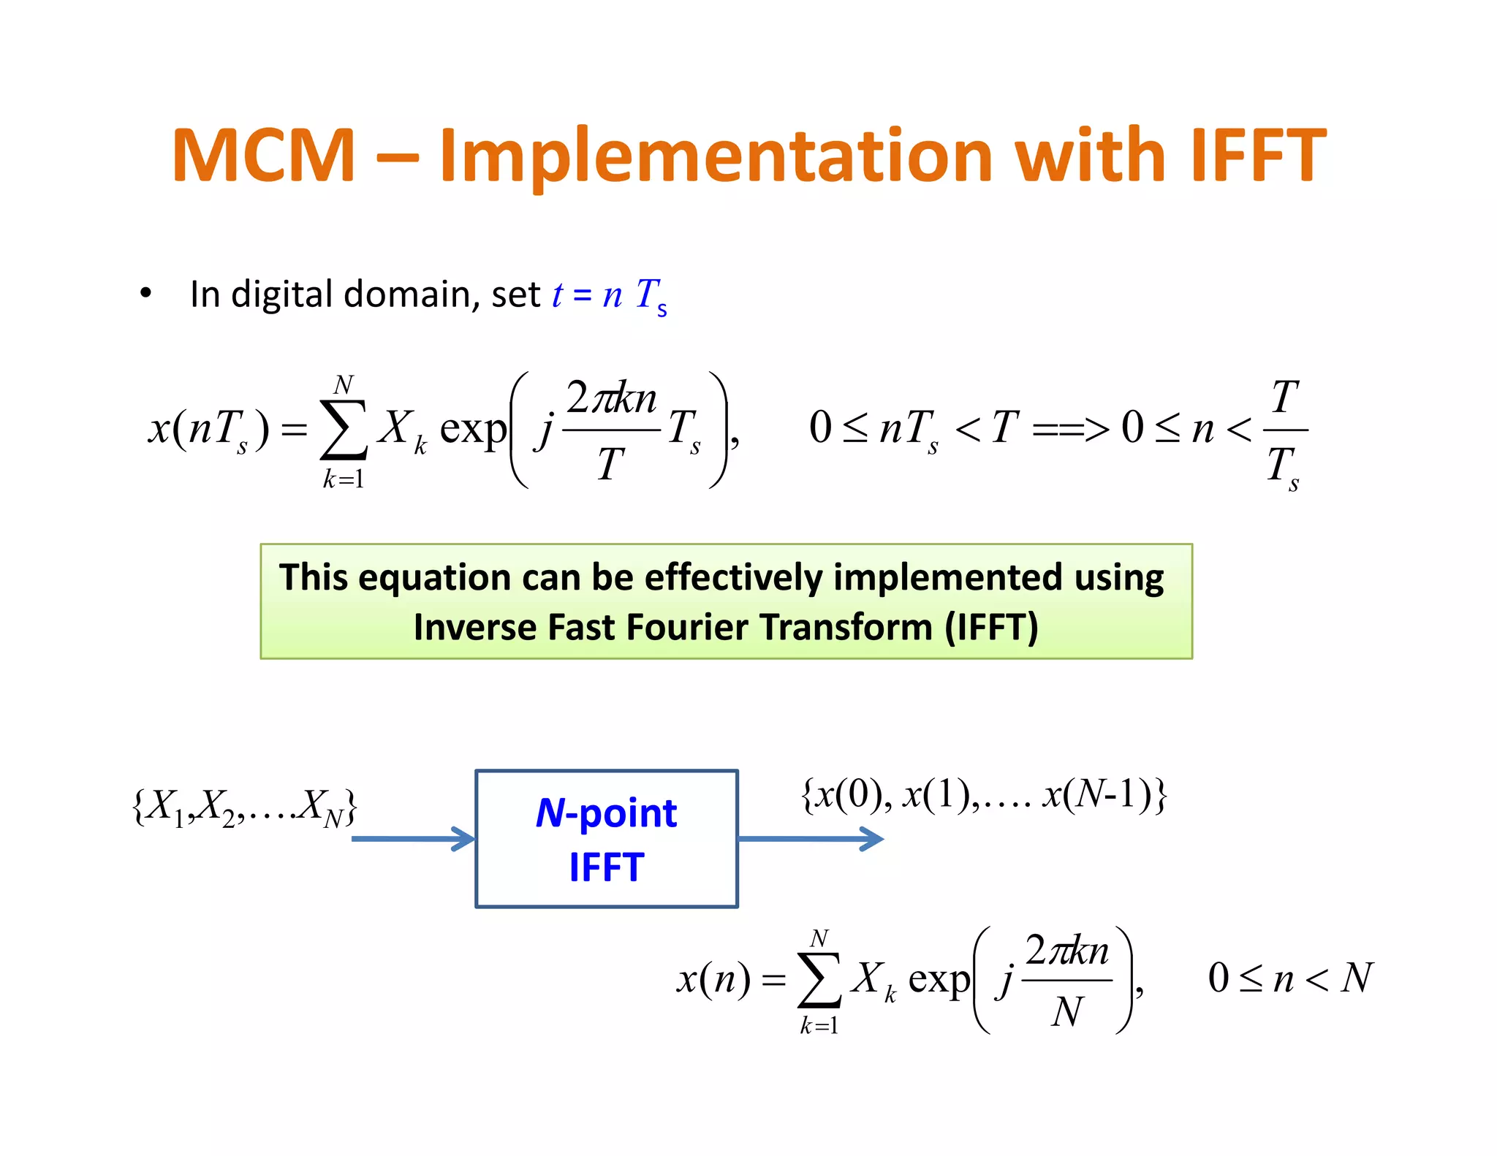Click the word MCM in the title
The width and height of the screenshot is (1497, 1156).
coord(263,155)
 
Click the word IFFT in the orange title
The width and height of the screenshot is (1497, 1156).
coord(1257,155)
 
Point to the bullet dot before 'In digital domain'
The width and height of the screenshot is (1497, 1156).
coord(145,294)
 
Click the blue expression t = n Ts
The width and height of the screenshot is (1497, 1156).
coord(609,295)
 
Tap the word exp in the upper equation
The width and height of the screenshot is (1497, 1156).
coord(473,428)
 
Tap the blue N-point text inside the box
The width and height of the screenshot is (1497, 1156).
coord(606,813)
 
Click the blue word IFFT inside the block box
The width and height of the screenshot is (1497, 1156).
coord(606,867)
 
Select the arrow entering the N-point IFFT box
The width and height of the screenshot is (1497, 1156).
coord(413,839)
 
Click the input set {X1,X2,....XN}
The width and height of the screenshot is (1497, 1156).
coord(245,807)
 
